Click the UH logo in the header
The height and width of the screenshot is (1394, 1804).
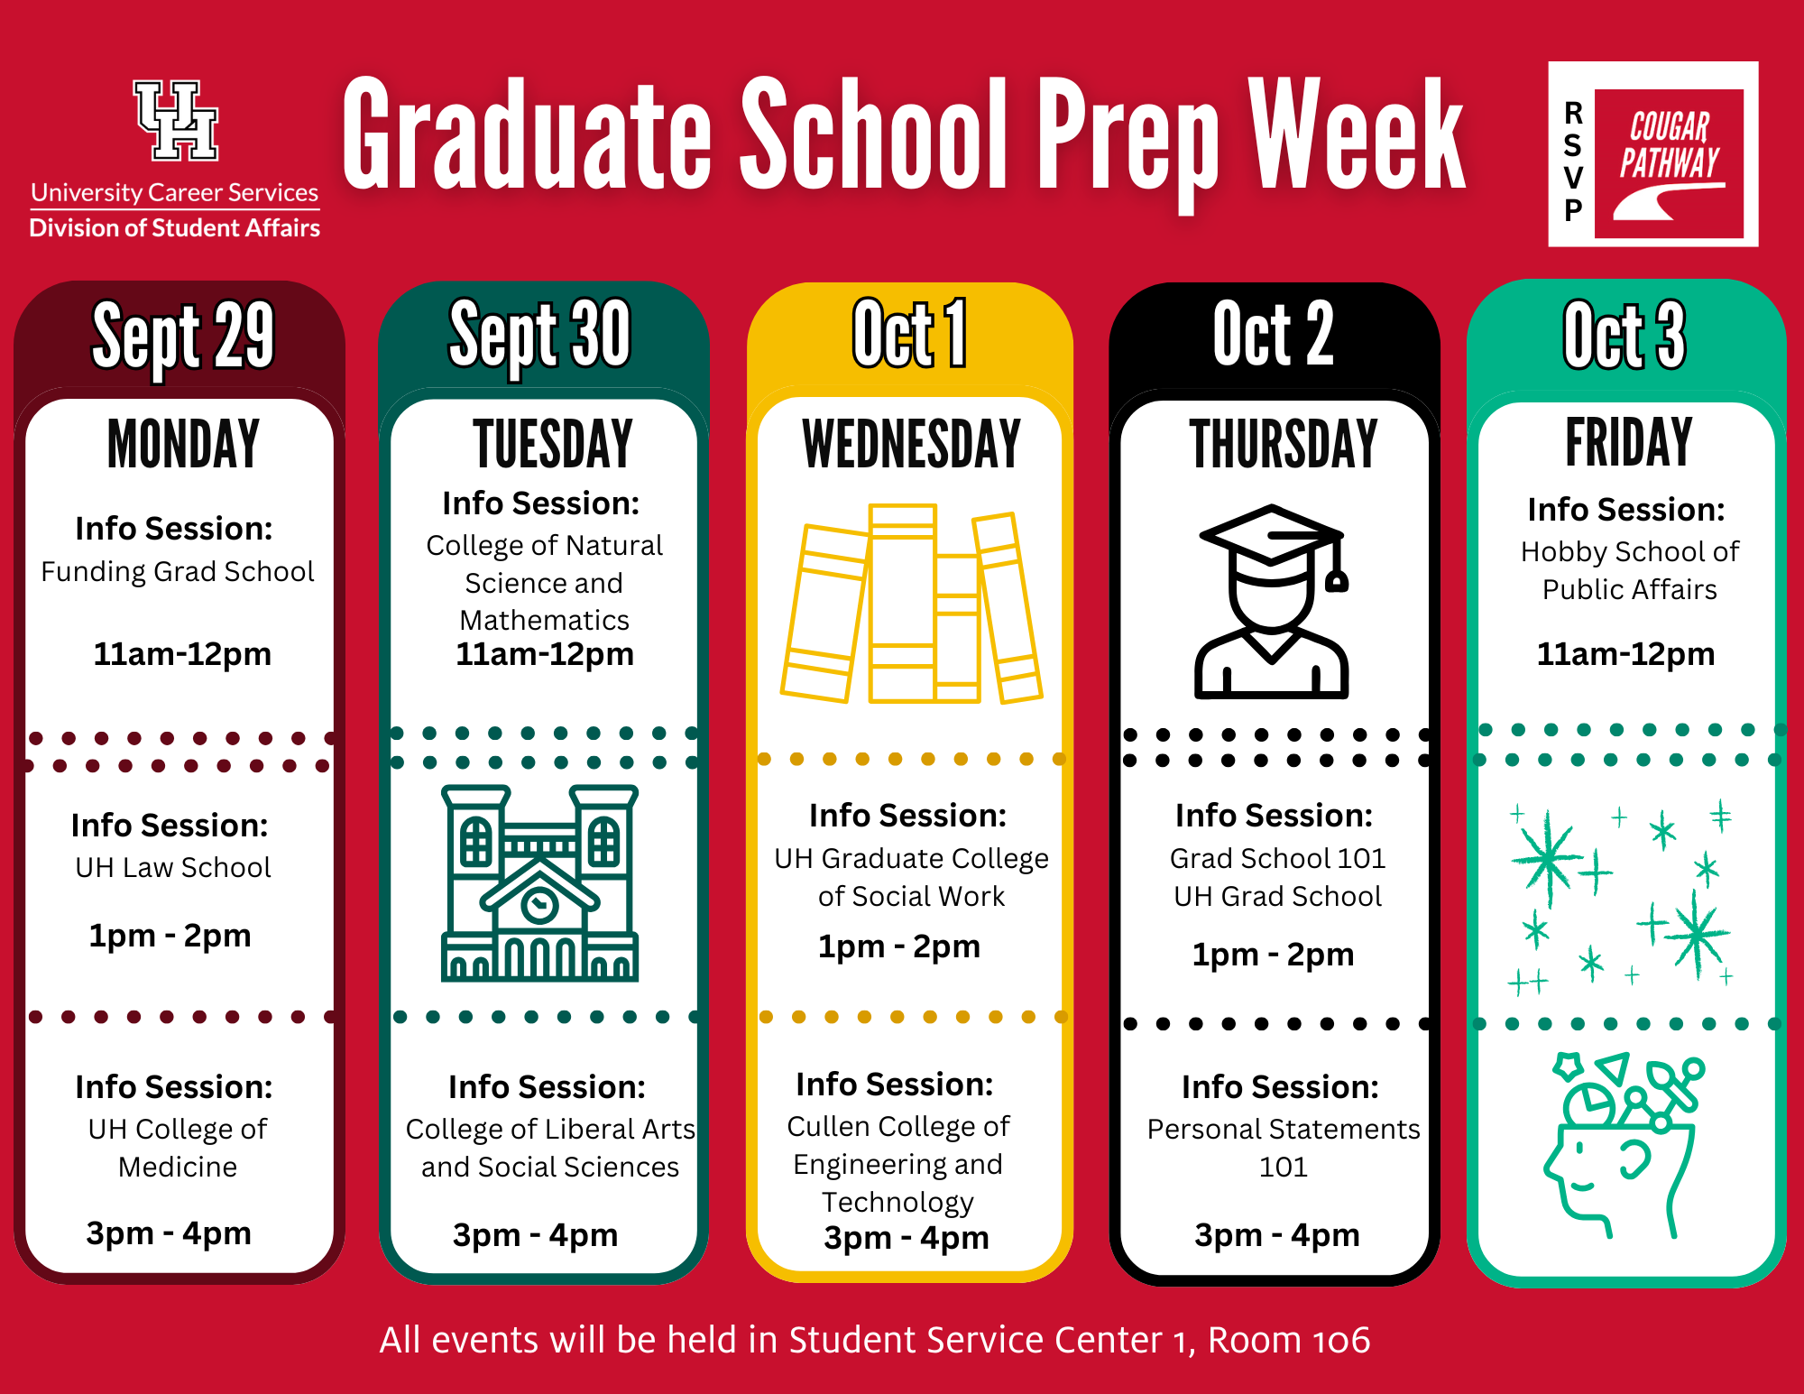coord(176,121)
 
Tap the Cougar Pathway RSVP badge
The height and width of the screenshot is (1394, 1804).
coord(1652,154)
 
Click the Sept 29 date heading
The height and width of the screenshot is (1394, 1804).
coord(183,336)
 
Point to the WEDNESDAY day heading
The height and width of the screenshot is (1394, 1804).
coord(911,444)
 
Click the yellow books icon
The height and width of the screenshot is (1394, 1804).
coord(911,604)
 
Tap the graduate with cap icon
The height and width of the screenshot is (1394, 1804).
coord(1271,602)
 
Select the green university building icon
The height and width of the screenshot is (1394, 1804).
coord(539,883)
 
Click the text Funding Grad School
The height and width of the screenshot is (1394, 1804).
coord(178,571)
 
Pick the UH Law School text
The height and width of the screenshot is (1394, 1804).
coord(173,867)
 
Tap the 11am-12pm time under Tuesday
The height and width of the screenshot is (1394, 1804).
coord(545,654)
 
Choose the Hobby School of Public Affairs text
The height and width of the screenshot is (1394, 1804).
coord(1629,570)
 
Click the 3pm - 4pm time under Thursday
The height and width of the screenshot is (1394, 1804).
coord(1277,1234)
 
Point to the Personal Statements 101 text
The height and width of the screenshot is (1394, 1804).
coord(1284,1148)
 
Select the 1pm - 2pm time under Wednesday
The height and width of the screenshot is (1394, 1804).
coord(899,946)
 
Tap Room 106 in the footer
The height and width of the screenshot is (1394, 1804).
coord(1289,1340)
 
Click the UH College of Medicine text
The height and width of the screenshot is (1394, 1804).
coord(178,1148)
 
